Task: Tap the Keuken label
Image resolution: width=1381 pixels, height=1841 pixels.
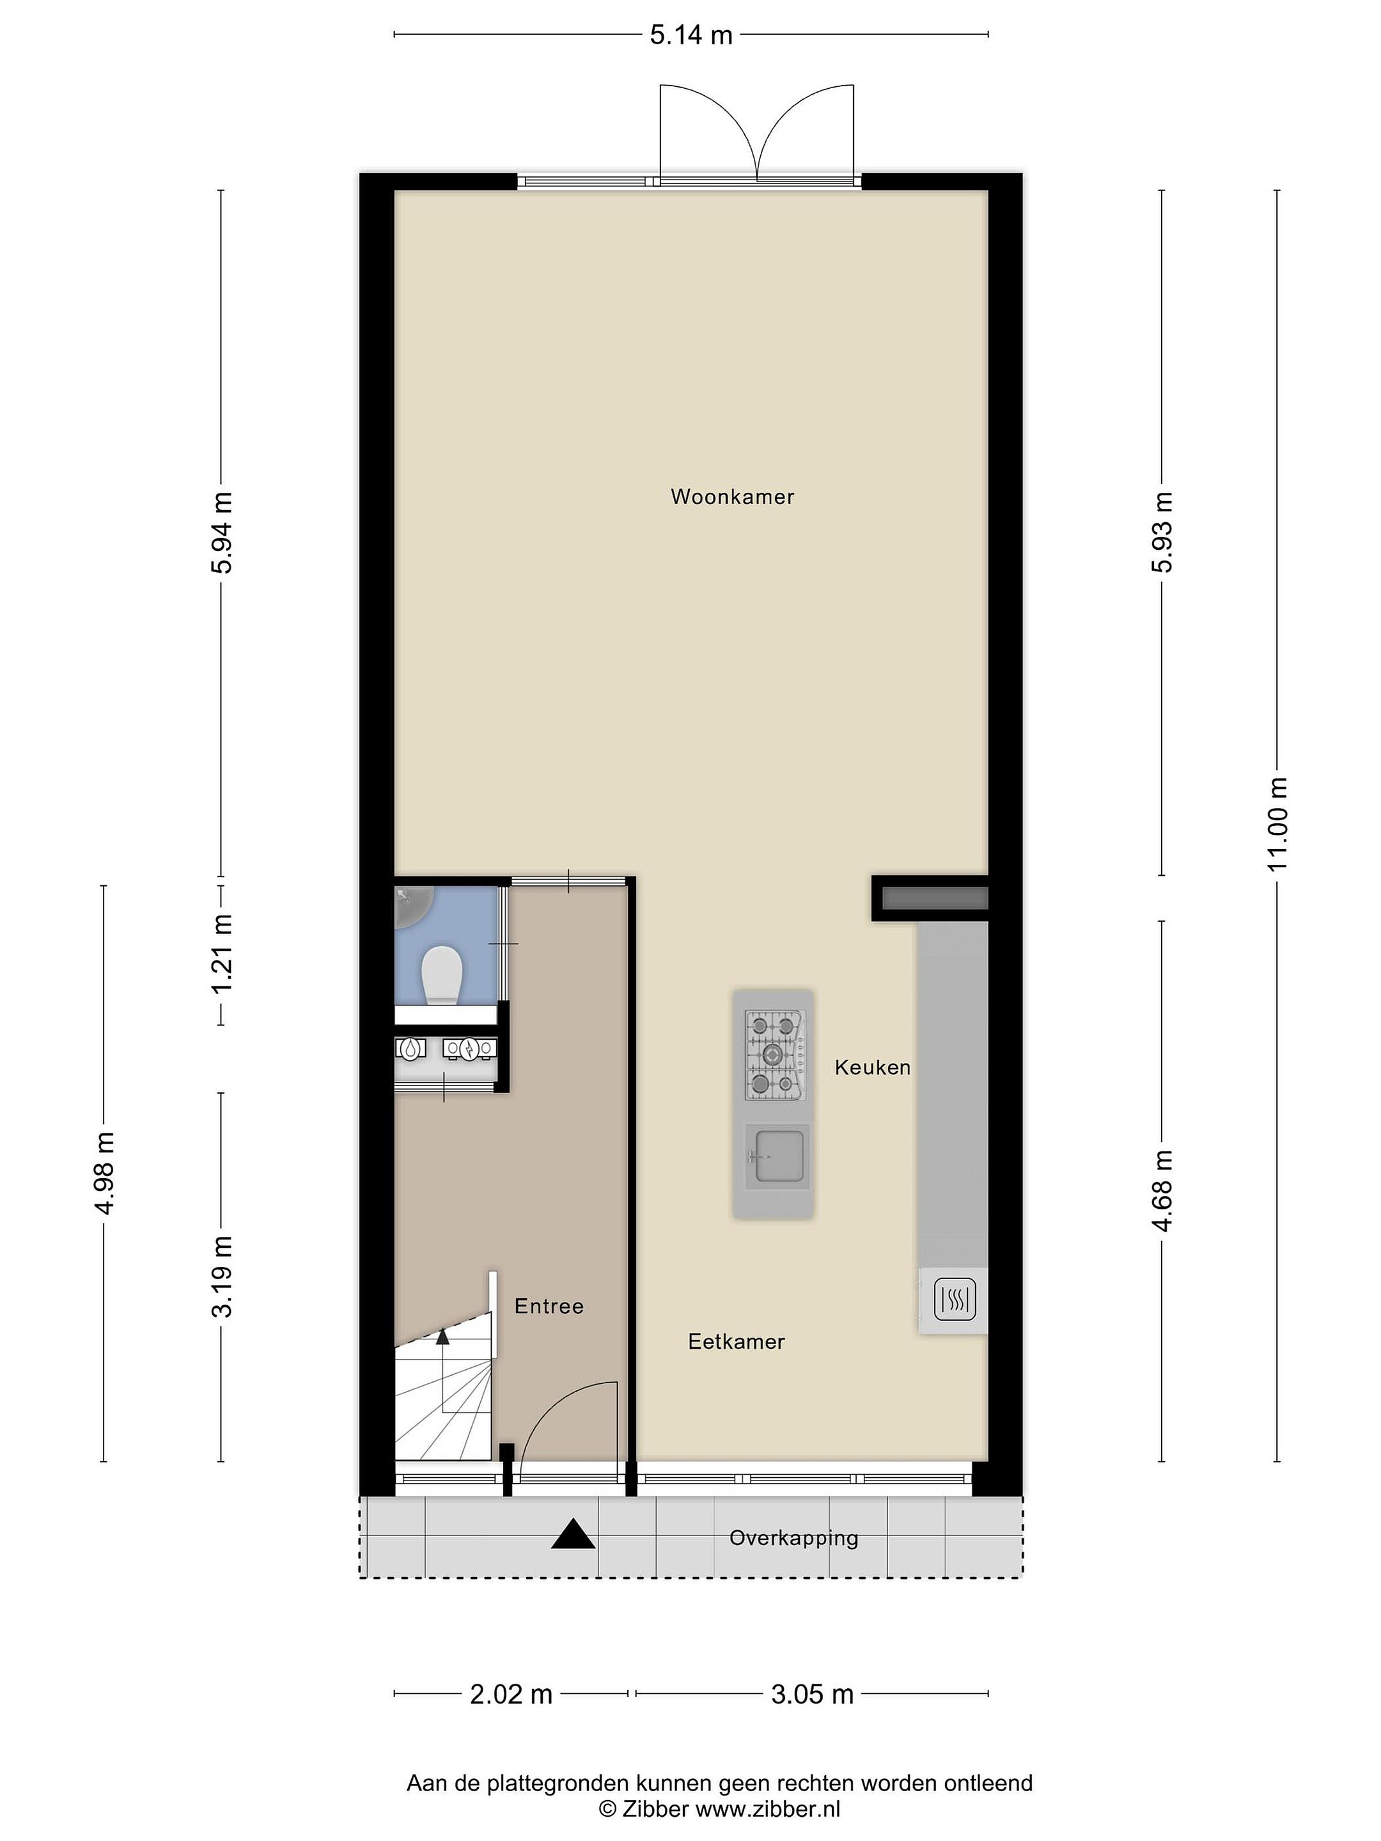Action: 872,1067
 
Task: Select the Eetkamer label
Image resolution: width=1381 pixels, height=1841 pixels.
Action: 736,1341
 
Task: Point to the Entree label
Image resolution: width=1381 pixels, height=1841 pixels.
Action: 549,1306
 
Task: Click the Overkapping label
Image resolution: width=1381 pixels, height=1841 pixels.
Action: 793,1537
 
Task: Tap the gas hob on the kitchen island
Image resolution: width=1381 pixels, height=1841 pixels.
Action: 775,1055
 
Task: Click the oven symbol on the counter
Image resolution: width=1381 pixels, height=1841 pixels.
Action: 954,1298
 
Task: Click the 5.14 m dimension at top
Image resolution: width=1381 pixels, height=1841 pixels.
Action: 691,35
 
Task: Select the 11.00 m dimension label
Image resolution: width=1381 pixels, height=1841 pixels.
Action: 1278,824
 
